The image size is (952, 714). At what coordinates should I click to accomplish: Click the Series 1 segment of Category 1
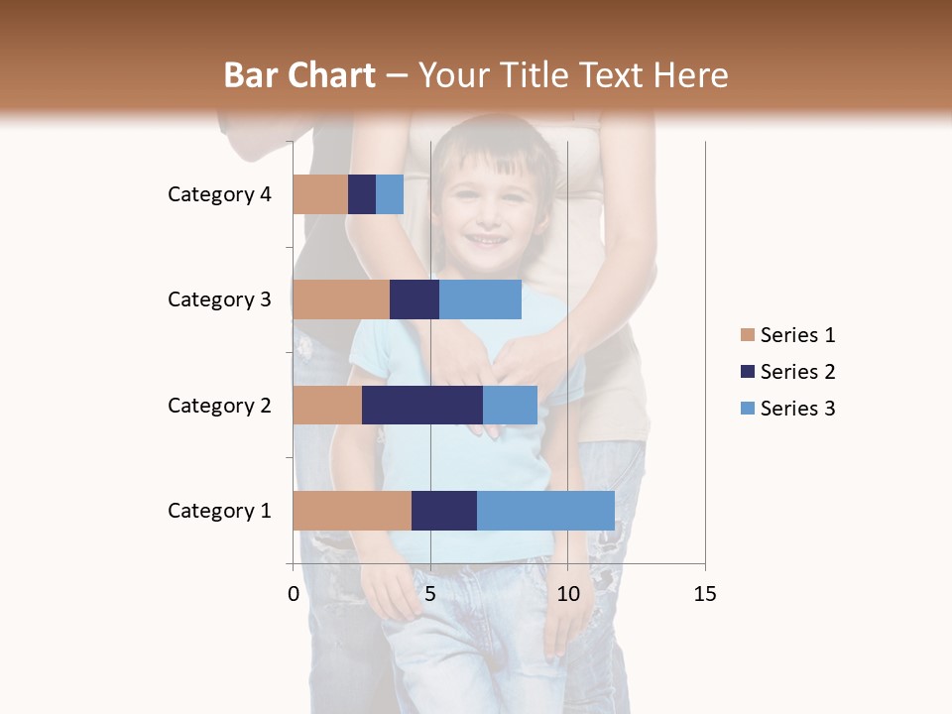tap(352, 511)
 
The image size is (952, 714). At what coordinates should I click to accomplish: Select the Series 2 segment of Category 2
tap(422, 405)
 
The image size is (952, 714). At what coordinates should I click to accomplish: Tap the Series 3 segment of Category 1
tap(545, 511)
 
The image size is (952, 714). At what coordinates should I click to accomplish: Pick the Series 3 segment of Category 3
tap(480, 299)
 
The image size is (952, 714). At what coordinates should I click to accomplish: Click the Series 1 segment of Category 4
tap(320, 194)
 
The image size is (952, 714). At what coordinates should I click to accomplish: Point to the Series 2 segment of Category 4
tap(362, 194)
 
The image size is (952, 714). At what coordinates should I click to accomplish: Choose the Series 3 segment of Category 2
tap(510, 405)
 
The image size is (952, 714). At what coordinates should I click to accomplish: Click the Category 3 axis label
tap(219, 299)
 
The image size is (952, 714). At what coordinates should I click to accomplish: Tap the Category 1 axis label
tap(219, 511)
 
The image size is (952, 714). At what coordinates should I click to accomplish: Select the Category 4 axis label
tap(219, 194)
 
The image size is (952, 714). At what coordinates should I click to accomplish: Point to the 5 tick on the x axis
tap(430, 594)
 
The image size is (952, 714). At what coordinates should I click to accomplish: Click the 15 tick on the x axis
tap(704, 594)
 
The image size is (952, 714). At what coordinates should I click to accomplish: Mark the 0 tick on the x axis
tap(294, 594)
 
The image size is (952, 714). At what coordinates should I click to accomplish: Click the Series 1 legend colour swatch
tap(747, 335)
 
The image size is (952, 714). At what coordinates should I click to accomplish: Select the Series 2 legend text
tap(797, 372)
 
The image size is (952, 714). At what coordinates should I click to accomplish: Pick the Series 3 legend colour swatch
tap(747, 409)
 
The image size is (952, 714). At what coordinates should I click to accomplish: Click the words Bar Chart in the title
tap(299, 75)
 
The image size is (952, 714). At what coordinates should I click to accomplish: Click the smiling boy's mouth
tap(485, 239)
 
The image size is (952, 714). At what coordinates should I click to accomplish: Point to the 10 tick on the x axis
tap(567, 594)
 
